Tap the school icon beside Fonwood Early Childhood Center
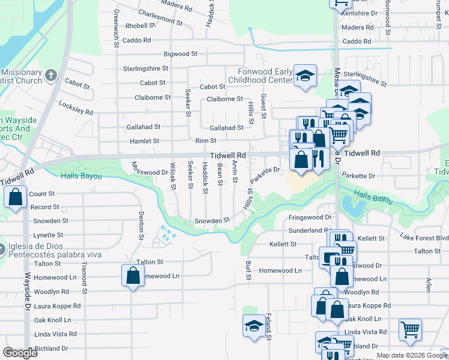(306, 76)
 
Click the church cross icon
(51, 76)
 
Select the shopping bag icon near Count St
(15, 197)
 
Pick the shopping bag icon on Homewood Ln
(133, 276)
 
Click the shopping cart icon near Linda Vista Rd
(410, 329)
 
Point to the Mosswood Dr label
(149, 172)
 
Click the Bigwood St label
(180, 54)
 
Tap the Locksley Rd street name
(76, 107)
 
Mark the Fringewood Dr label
(310, 217)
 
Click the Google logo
(20, 353)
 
